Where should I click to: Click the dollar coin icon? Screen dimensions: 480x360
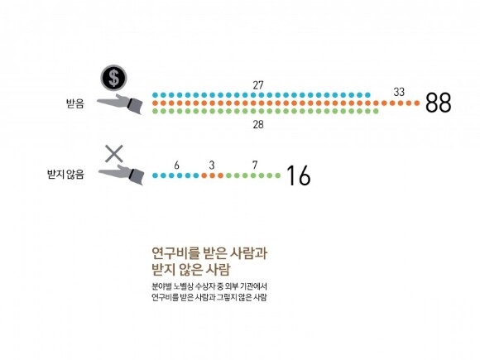pos(113,78)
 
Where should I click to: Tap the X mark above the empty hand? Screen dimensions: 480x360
pos(114,154)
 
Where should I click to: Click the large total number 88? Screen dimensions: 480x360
pos(438,103)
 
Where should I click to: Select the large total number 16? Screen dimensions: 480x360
pos(299,175)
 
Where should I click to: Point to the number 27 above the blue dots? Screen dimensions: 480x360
pos(258,85)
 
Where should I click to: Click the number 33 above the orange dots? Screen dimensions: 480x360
pos(399,92)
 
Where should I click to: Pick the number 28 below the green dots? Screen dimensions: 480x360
pos(258,124)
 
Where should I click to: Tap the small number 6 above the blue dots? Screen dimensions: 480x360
pos(176,166)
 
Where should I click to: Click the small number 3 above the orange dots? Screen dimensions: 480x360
pos(212,166)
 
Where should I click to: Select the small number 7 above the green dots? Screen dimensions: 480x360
pos(255,165)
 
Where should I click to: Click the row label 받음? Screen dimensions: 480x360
pos(75,103)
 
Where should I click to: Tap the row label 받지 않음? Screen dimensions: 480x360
pos(65,175)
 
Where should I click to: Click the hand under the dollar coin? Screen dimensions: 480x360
pos(120,104)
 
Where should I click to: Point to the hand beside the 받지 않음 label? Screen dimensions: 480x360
pos(121,175)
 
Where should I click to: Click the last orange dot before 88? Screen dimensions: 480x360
pos(416,103)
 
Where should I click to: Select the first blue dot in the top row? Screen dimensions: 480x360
pos(155,95)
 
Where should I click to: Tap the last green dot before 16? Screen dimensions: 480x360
pos(277,175)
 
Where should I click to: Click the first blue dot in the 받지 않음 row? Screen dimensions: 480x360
pos(155,175)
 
